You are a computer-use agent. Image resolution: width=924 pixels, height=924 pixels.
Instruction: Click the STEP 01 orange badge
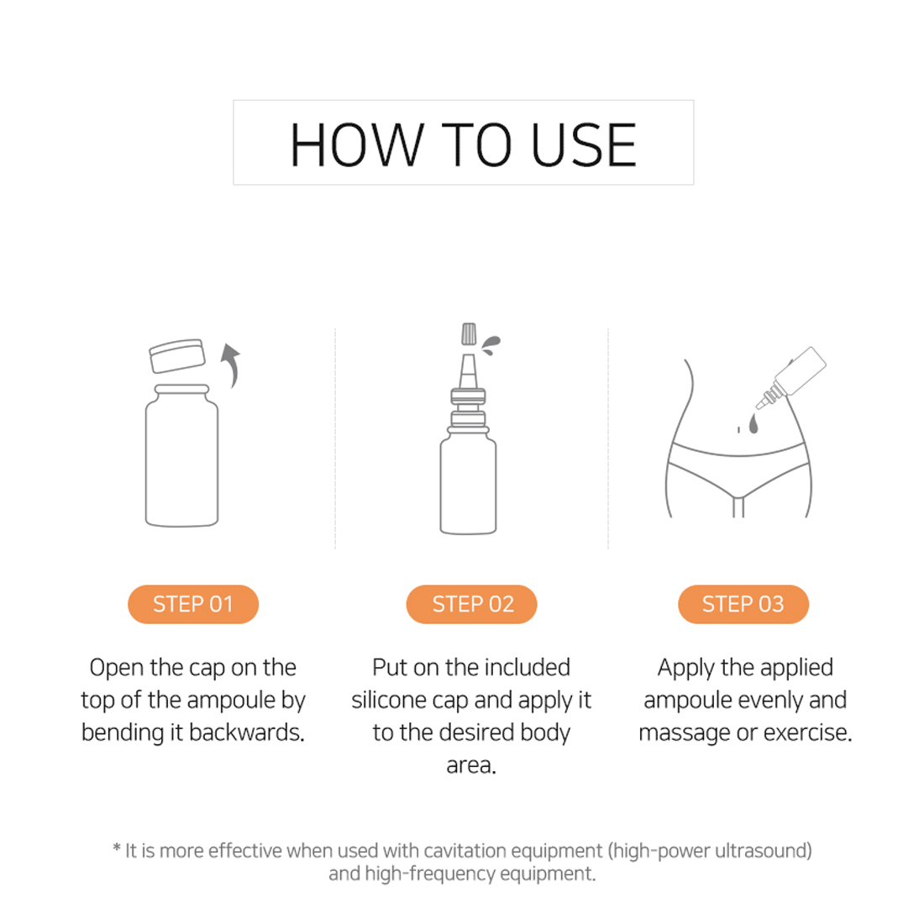[193, 604]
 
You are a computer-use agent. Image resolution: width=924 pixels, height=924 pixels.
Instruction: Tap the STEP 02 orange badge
[471, 604]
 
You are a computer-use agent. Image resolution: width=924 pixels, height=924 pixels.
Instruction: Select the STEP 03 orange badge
[743, 604]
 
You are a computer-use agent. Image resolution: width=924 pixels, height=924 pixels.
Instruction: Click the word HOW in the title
[356, 145]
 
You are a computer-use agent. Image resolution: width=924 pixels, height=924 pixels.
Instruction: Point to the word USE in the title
[584, 145]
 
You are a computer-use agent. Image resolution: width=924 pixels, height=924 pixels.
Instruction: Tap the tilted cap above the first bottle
[176, 355]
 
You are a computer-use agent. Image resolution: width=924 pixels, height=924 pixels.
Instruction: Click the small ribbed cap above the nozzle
[469, 333]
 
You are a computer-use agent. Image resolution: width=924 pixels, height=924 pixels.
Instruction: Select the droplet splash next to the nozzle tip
[491, 344]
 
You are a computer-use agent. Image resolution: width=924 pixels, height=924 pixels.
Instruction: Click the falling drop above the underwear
[753, 423]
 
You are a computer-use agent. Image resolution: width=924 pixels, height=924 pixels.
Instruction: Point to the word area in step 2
[471, 765]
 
